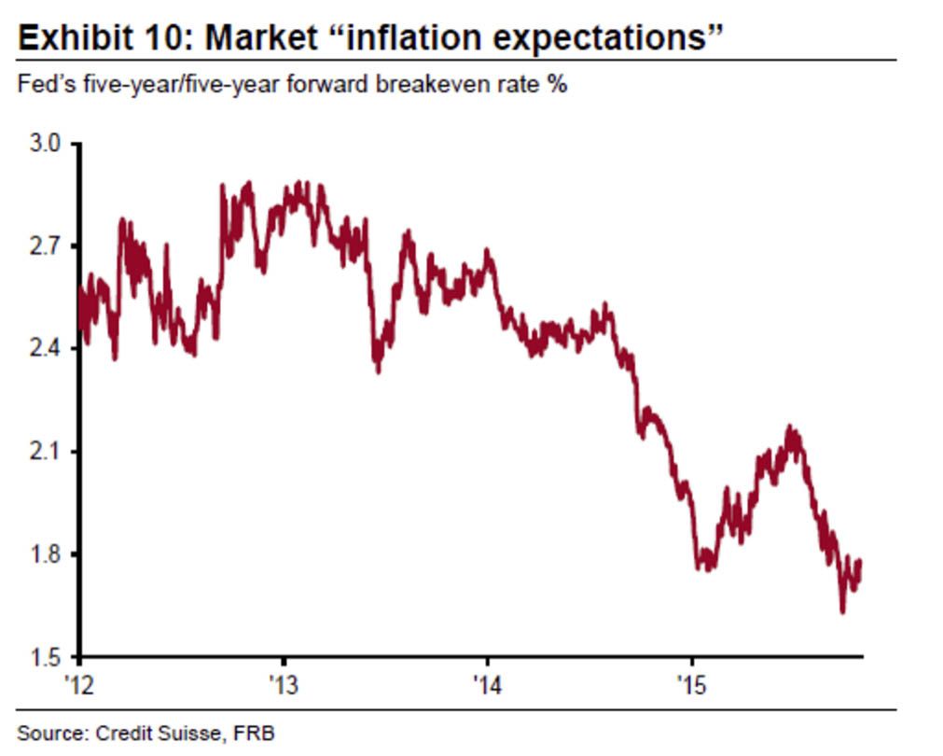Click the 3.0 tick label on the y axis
[45, 145]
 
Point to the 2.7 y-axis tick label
[45, 247]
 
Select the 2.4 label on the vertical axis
[45, 349]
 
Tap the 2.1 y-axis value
[45, 452]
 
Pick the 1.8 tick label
[45, 554]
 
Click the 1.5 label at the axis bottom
[45, 657]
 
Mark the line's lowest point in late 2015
[842, 612]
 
